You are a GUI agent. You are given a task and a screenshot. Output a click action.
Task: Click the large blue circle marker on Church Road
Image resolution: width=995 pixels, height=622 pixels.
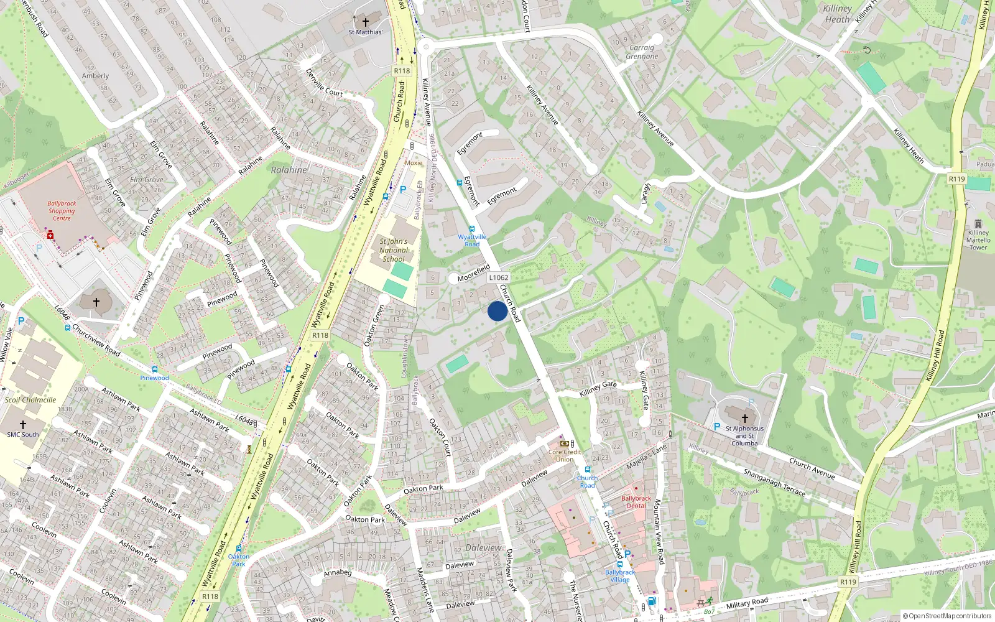[497, 311]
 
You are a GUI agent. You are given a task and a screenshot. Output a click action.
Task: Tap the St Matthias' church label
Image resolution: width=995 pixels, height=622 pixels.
[366, 32]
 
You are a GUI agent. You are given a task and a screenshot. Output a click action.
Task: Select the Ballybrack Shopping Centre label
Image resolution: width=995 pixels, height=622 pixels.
[62, 211]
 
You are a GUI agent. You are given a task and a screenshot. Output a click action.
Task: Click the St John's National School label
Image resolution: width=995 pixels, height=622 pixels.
[394, 250]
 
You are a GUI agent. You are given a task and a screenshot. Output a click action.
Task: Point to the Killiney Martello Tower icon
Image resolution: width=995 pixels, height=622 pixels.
[978, 225]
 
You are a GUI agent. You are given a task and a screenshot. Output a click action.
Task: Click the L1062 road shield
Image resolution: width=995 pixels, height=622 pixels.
[499, 277]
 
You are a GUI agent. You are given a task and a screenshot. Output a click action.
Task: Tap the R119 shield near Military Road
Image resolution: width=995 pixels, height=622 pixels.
[848, 582]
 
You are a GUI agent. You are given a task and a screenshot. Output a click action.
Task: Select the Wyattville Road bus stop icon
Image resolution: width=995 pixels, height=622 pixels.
[472, 229]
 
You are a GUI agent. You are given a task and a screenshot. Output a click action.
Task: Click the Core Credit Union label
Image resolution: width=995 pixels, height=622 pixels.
[565, 455]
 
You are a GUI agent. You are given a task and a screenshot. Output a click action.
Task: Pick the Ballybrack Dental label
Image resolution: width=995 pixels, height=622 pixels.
[636, 502]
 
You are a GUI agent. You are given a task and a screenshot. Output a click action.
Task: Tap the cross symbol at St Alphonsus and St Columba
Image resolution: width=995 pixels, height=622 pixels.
[745, 419]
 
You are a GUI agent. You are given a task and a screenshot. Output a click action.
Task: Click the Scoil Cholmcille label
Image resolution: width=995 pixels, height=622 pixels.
[30, 400]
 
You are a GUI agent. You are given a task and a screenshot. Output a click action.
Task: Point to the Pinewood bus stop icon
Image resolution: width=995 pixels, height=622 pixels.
[155, 369]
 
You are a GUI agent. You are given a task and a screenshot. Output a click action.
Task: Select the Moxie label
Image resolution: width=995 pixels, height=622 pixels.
[414, 163]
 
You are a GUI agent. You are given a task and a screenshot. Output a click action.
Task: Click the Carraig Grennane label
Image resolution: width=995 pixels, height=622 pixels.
[642, 52]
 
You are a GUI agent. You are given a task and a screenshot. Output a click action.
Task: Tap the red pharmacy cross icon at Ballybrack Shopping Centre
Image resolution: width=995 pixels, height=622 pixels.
[50, 235]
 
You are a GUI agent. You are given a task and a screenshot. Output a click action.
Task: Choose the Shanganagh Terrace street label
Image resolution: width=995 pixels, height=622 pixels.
[774, 482]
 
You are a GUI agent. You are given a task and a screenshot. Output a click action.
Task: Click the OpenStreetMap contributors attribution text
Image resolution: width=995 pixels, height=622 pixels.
[947, 616]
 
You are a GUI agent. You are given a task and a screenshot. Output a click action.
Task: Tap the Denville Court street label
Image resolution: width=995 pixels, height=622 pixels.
[324, 83]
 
